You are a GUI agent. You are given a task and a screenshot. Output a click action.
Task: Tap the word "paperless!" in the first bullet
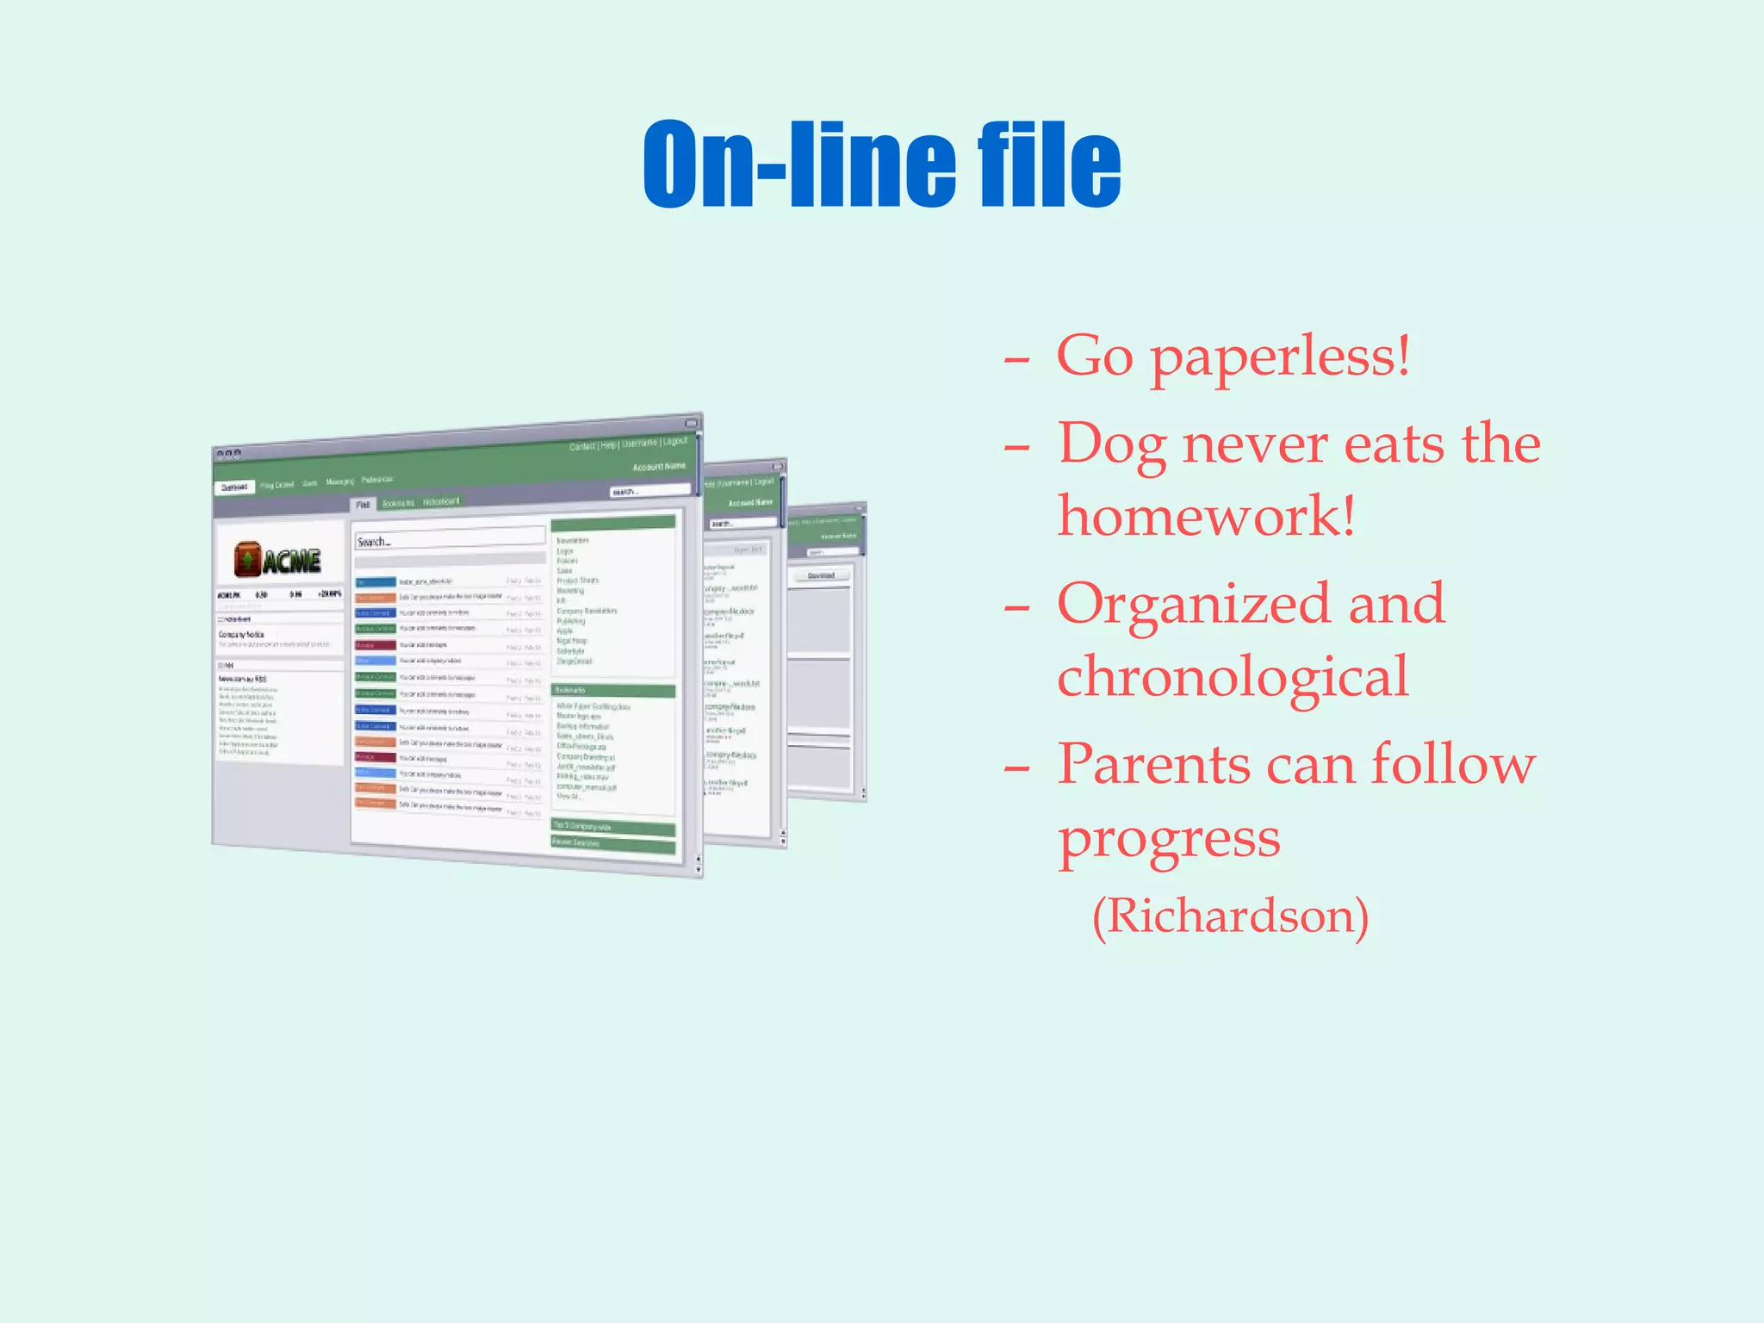tap(1281, 357)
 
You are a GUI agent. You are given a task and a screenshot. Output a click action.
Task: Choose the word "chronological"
tap(1233, 677)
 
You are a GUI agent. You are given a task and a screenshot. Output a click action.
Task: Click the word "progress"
tap(1169, 839)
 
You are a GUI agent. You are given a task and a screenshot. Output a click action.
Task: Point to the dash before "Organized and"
tap(1016, 606)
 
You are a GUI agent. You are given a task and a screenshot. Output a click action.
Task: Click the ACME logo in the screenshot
tap(277, 561)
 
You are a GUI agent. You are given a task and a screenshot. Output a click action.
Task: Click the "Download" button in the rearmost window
tap(821, 575)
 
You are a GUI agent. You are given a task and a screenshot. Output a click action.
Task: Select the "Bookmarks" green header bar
tap(612, 691)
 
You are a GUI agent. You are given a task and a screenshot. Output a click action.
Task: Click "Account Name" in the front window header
tap(659, 466)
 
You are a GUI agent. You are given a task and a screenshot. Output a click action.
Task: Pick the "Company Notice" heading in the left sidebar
tap(242, 634)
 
